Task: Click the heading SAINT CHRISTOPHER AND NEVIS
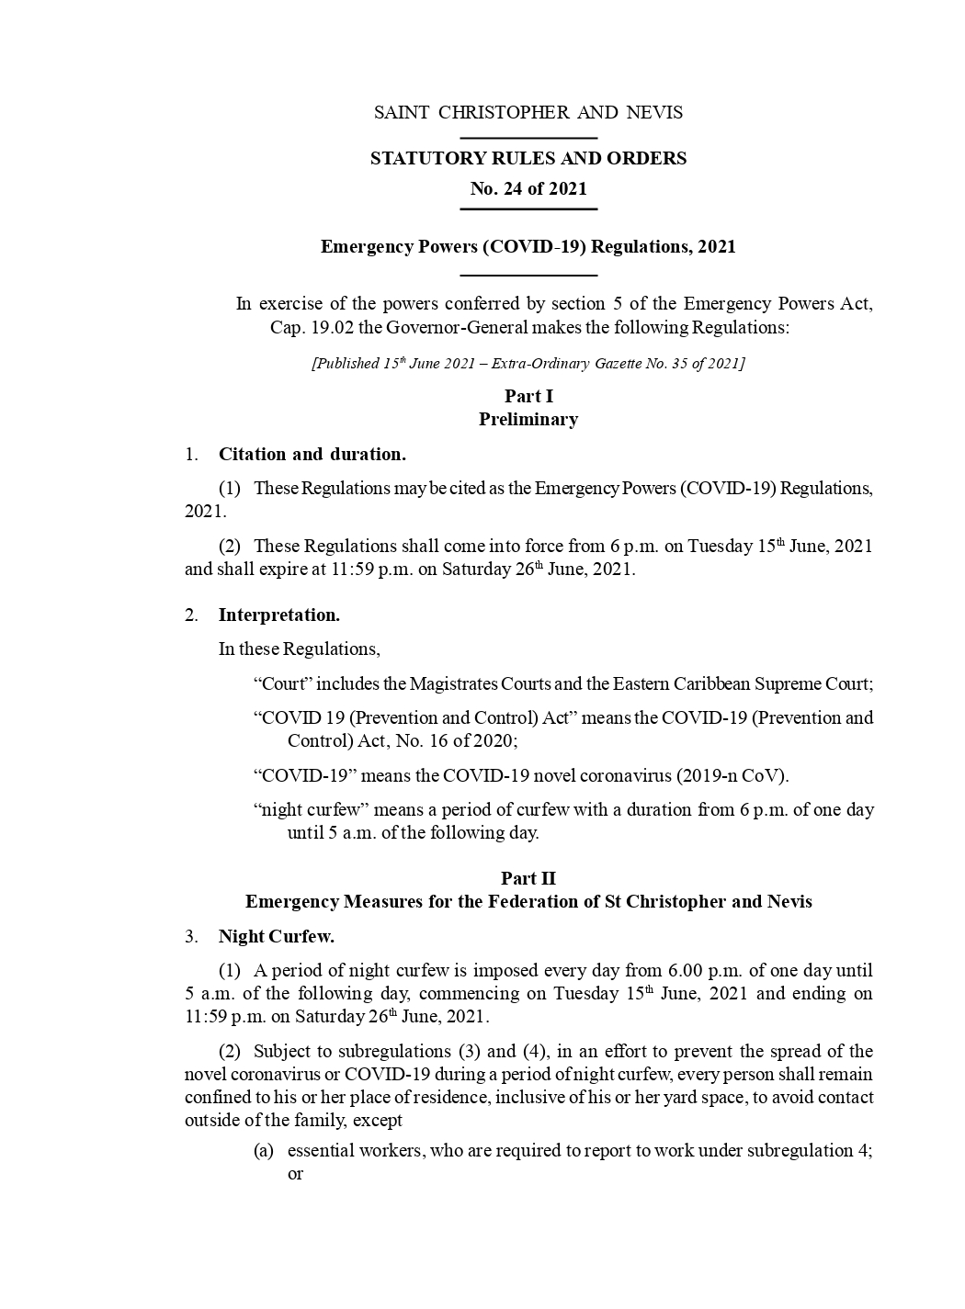click(x=528, y=113)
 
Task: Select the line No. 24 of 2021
click(x=528, y=188)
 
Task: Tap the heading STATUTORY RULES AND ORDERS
click(x=528, y=158)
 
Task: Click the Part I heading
click(x=528, y=396)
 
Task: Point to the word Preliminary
click(x=528, y=419)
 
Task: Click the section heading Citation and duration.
click(x=312, y=454)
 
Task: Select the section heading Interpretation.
click(x=278, y=615)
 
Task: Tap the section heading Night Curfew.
click(x=276, y=936)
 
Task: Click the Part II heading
click(x=528, y=878)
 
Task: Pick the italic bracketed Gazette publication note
click(x=528, y=363)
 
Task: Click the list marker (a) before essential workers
click(x=263, y=1150)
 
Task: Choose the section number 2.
click(x=190, y=615)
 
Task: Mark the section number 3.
click(x=190, y=936)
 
